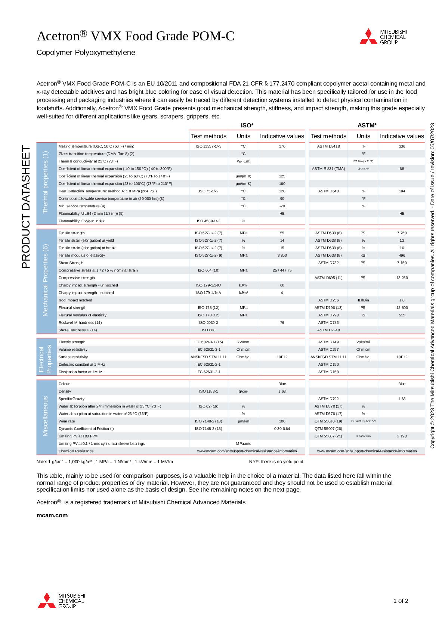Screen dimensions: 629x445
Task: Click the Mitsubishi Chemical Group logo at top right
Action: point(383,37)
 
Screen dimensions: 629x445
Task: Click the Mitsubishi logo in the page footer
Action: point(61,601)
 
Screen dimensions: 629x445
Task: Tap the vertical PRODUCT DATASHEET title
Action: point(26,207)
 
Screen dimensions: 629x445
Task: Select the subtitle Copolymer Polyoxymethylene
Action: point(86,53)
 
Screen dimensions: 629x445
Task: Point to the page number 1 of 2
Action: point(401,601)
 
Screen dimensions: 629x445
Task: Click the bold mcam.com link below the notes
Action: point(52,515)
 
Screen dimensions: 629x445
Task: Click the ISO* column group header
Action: point(247,126)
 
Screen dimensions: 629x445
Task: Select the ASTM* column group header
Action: point(367,126)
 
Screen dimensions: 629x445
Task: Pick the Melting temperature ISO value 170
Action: point(282,146)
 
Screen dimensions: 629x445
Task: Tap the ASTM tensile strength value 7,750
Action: point(402,233)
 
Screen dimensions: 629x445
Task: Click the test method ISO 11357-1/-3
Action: point(208,146)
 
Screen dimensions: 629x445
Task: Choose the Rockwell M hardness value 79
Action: point(282,323)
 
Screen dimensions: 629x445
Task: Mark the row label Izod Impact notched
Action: point(75,300)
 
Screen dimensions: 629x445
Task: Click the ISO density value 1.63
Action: point(282,391)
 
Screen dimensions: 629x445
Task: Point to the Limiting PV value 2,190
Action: point(402,436)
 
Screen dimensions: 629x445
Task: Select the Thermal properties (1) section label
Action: point(46,182)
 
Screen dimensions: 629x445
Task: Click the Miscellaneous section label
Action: point(46,416)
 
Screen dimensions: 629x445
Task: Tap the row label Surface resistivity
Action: point(73,357)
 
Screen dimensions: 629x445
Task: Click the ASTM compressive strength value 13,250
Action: point(402,278)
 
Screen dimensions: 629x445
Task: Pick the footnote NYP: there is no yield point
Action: point(276,462)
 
